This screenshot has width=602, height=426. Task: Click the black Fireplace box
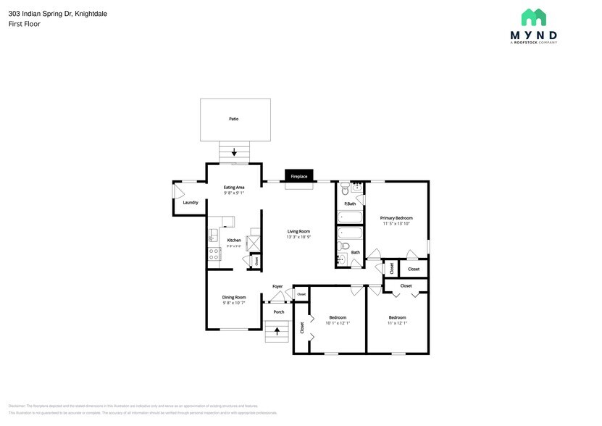coord(299,177)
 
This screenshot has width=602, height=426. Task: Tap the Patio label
coord(234,119)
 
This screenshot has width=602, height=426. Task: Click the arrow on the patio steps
coord(234,152)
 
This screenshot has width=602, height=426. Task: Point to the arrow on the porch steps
coord(277,332)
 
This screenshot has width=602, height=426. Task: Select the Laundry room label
coord(191,203)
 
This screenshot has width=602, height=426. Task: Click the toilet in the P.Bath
coord(346,190)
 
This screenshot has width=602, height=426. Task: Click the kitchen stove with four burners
coord(214,254)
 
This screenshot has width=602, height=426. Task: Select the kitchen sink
coord(214,234)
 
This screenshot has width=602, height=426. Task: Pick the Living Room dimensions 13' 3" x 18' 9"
coord(298,237)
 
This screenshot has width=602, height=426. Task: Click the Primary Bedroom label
coord(397,217)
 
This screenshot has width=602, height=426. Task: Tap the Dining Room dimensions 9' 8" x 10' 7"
coord(234,303)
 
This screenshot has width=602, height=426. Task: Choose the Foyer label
coord(277,286)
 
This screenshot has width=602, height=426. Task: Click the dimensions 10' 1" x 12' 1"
coord(338,323)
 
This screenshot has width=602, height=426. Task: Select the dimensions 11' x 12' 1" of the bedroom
coord(397,323)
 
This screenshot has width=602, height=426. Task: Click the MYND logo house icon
coord(534,18)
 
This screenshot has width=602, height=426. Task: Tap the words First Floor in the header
coord(25,24)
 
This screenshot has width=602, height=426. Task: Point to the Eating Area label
coord(234,188)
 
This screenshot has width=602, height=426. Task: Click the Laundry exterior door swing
coord(178,192)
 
